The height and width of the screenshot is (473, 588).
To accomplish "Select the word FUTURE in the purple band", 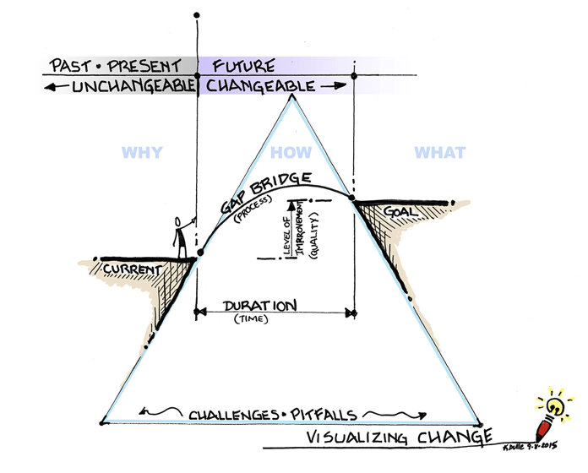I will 243,65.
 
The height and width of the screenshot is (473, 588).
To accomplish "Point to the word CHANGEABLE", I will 260,86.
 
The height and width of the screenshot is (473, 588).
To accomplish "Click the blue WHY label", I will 142,153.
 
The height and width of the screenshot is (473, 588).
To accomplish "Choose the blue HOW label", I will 291,153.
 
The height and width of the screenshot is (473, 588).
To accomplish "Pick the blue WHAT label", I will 439,153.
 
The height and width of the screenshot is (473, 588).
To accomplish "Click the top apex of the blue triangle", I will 292,95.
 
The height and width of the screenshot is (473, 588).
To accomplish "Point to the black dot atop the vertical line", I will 197,14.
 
